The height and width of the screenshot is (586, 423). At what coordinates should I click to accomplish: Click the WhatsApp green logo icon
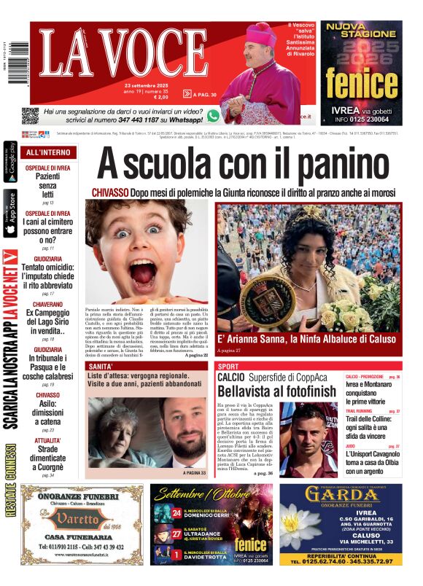(x=213, y=115)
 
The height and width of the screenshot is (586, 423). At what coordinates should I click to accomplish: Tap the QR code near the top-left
(x=29, y=115)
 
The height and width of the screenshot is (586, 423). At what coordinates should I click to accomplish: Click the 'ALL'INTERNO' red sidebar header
(x=48, y=152)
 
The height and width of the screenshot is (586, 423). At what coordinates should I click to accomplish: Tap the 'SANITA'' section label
(x=101, y=366)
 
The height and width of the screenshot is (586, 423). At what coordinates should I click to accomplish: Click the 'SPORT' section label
(x=228, y=366)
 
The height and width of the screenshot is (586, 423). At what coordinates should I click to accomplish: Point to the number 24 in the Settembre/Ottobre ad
(x=176, y=515)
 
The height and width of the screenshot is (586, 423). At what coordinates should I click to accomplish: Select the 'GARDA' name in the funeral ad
(x=341, y=496)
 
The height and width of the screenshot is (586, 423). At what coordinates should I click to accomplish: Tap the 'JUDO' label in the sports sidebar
(x=351, y=446)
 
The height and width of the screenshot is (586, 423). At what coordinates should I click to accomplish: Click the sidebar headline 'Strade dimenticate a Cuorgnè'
(x=47, y=459)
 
